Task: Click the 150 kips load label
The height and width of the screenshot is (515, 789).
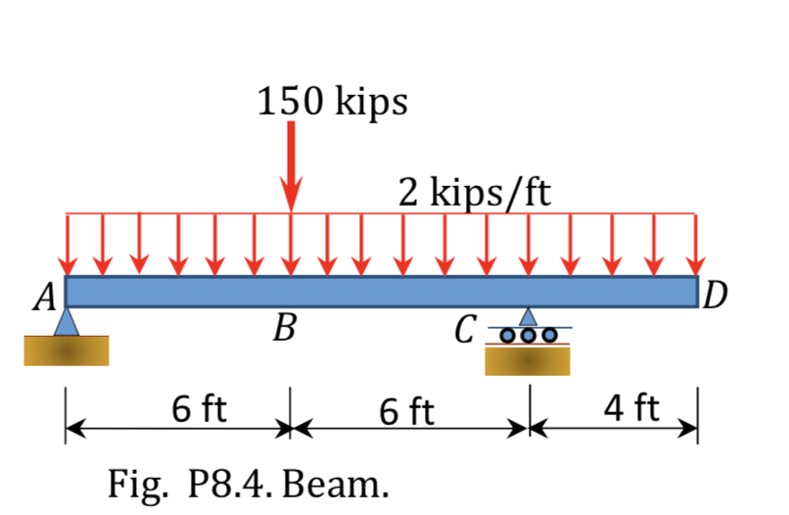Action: tap(333, 102)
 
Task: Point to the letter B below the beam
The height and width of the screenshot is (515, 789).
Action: tap(284, 329)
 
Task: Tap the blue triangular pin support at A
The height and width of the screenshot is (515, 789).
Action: tap(67, 322)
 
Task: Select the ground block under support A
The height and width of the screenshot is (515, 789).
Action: tap(67, 351)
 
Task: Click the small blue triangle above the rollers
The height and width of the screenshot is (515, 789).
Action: tap(529, 316)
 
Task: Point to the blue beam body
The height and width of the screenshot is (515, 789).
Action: tap(382, 292)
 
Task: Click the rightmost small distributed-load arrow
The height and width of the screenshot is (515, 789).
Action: tap(696, 244)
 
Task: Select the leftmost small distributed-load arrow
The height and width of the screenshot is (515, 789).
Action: tap(67, 244)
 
